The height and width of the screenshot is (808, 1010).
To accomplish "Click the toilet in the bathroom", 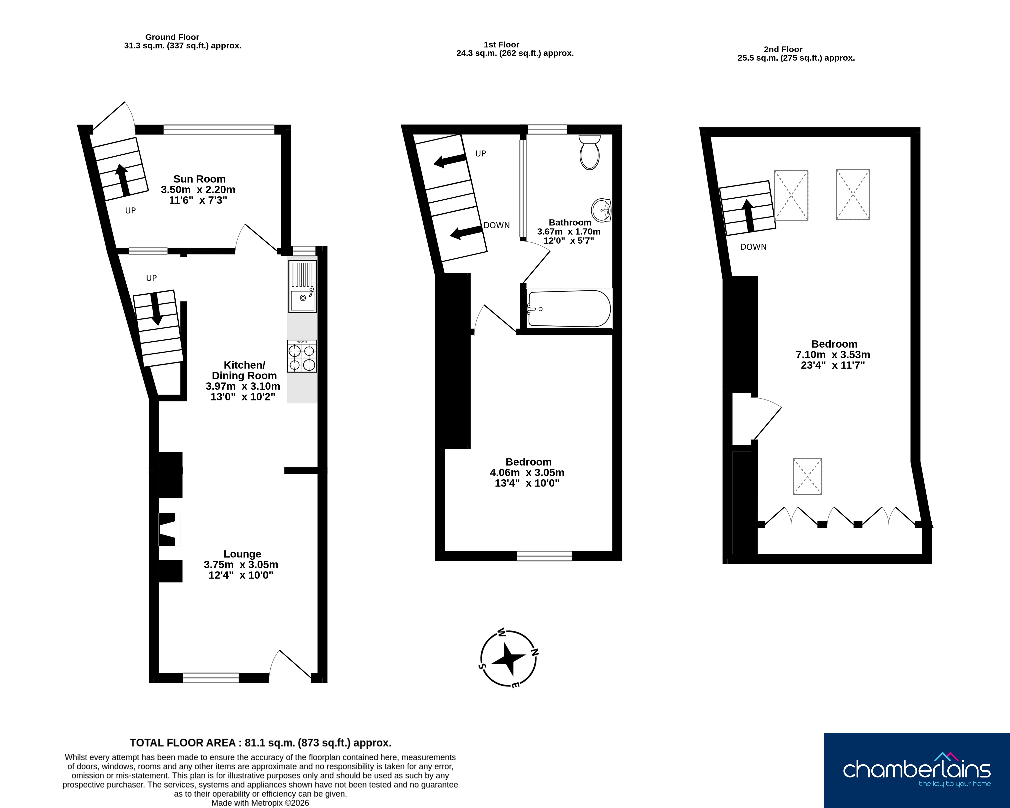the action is click(589, 152).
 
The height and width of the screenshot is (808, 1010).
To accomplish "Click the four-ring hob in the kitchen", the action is click(302, 356).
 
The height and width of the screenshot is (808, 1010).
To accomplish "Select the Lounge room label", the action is click(242, 554).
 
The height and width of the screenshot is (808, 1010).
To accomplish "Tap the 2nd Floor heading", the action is click(783, 49).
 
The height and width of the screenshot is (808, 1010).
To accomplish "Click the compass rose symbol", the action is click(508, 658).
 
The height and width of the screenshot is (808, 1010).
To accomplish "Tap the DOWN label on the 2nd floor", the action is click(753, 247).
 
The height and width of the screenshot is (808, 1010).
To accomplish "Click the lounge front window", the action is click(211, 677).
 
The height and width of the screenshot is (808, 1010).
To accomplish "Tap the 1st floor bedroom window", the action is click(544, 556).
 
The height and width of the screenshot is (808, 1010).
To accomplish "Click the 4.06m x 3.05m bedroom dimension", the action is click(527, 472).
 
